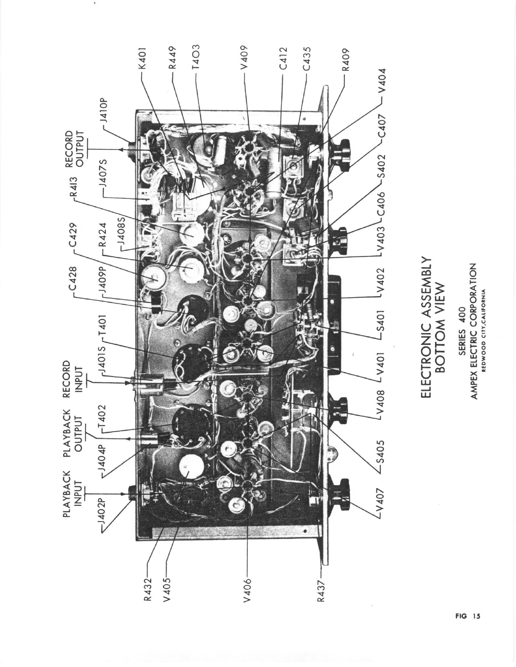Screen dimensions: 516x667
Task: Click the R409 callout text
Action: pyautogui.click(x=346, y=59)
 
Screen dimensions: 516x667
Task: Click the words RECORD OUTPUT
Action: pyautogui.click(x=75, y=149)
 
